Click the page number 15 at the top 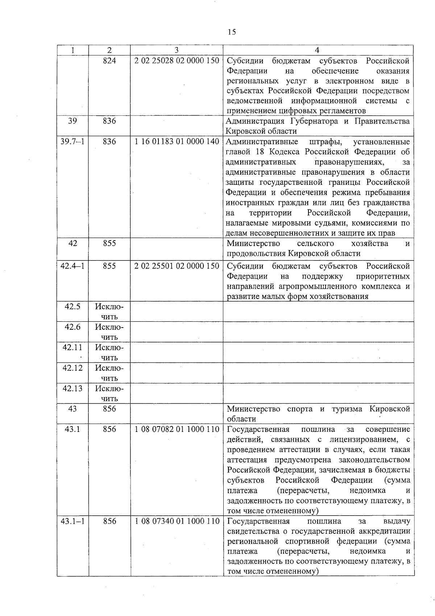coord(232,32)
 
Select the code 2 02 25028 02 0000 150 coord(177,61)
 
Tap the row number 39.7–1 coord(72,142)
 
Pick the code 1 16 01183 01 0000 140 coord(177,142)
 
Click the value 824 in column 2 coord(109,61)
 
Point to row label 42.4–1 coord(72,266)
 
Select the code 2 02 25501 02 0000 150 coord(177,266)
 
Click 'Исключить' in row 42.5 coord(109,312)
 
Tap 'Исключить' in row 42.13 coord(109,394)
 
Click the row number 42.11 coord(72,347)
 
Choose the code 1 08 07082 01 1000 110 coord(177,429)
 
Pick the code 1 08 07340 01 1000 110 coord(177,521)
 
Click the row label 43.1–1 coord(72,521)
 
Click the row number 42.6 coord(72,327)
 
